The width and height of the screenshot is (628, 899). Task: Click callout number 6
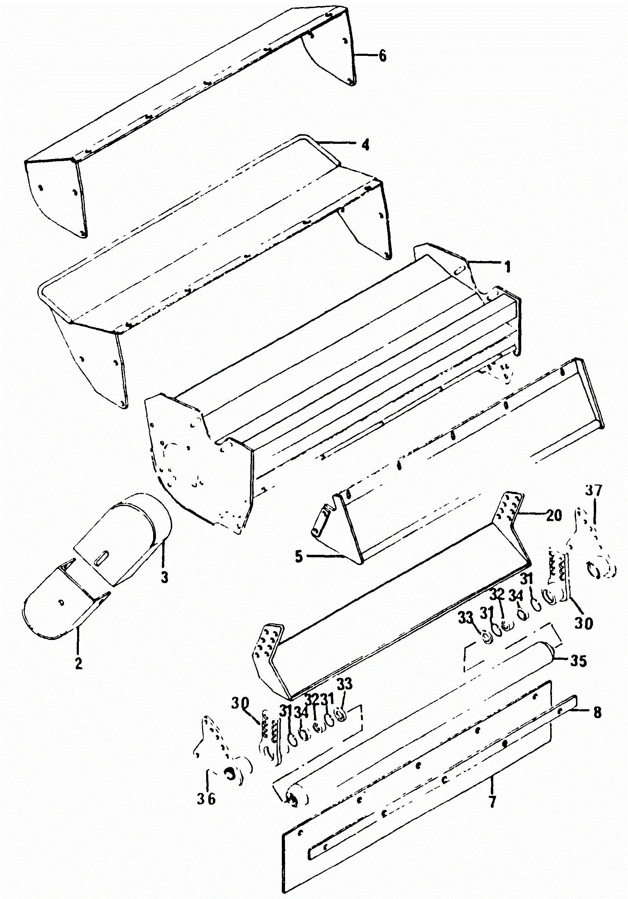(x=382, y=55)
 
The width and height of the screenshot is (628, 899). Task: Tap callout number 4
(x=365, y=145)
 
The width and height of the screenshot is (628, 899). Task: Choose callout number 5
(x=299, y=556)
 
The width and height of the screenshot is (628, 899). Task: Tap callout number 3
(x=164, y=577)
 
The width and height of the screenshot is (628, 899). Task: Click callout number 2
(x=78, y=663)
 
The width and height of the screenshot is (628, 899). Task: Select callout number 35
(x=578, y=661)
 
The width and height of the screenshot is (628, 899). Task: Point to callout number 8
(x=597, y=712)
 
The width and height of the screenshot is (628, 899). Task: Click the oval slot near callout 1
(x=460, y=270)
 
